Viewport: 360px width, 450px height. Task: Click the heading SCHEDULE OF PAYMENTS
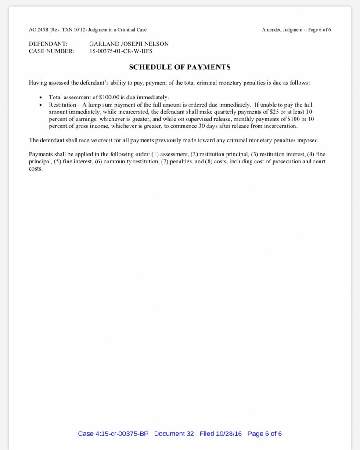[180, 67]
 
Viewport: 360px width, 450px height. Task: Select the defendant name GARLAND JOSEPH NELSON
[129, 44]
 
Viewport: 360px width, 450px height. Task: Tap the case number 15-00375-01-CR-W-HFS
[121, 51]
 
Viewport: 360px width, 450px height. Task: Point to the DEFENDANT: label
[48, 44]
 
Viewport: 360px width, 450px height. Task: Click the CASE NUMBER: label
[51, 51]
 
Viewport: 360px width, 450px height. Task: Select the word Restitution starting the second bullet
[62, 105]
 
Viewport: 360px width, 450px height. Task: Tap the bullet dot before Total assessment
[41, 98]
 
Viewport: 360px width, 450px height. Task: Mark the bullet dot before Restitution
[41, 105]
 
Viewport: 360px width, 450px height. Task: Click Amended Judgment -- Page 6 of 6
[296, 30]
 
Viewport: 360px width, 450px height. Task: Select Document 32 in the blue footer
[174, 434]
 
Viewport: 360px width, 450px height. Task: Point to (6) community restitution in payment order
[124, 162]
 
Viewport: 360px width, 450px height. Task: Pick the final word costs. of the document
[36, 169]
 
